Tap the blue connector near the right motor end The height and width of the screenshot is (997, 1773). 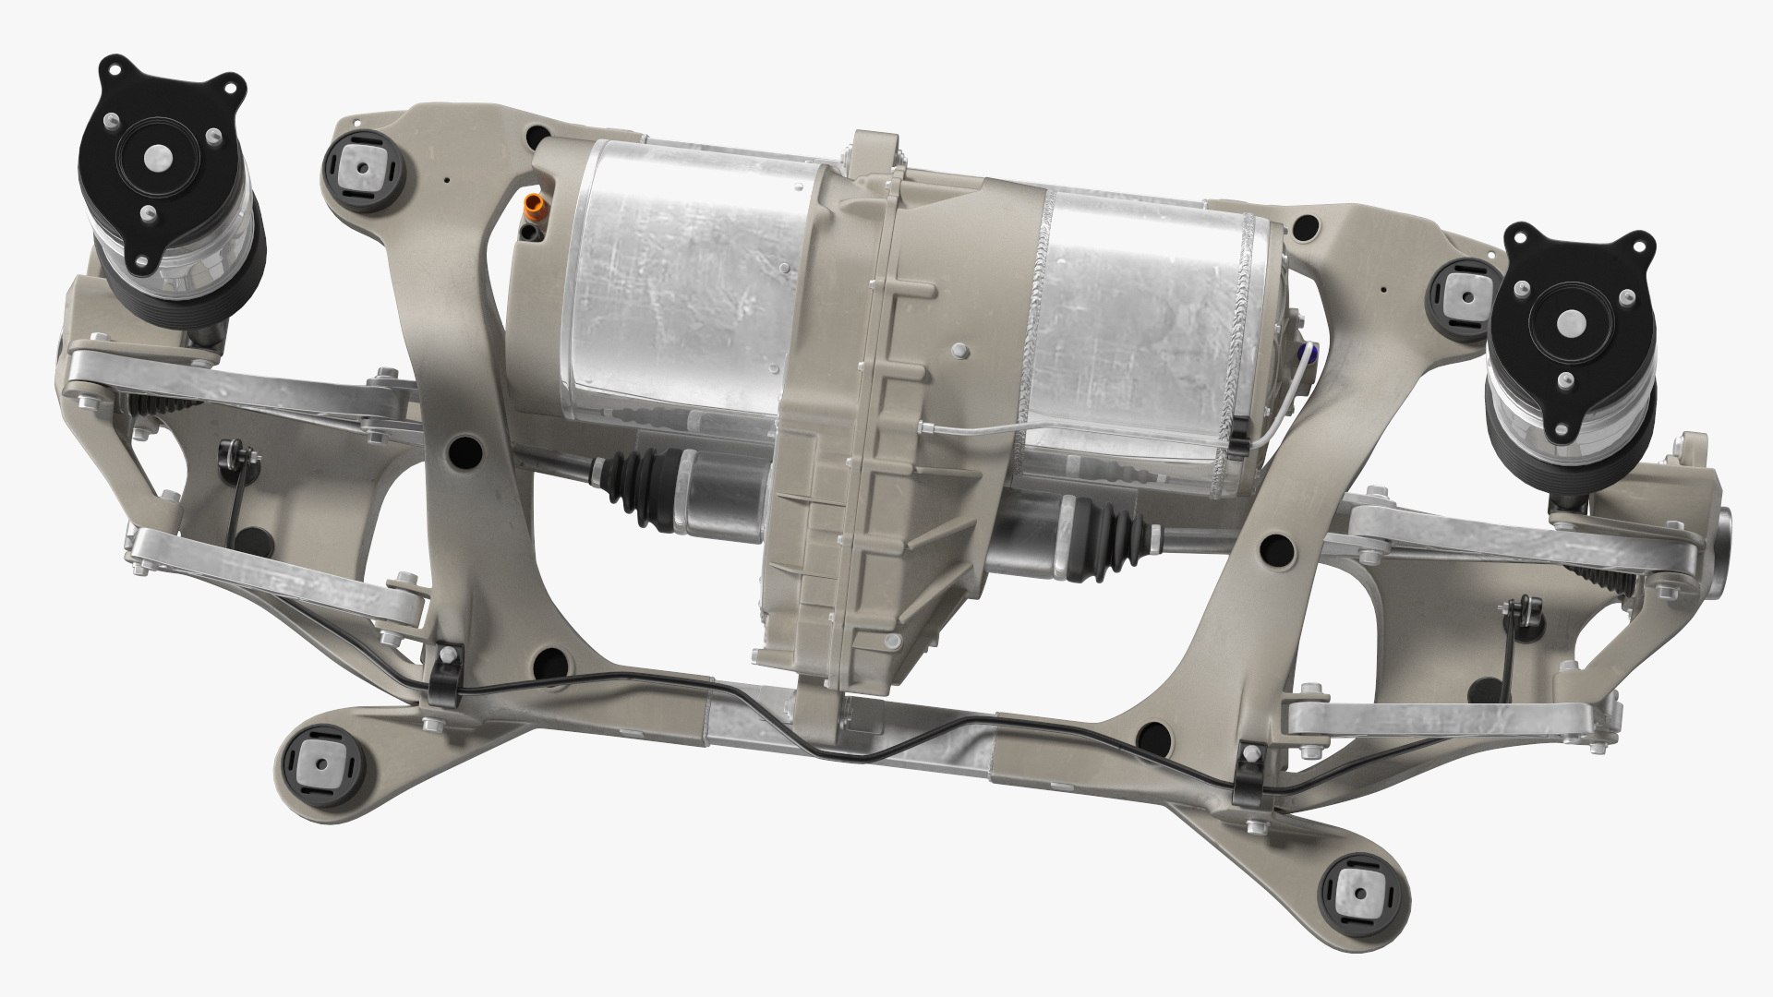1305,352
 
